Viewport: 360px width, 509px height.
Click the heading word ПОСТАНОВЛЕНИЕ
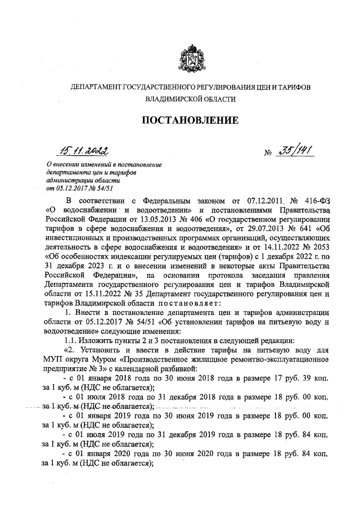[x=190, y=120]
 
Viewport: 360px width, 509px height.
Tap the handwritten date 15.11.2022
[x=86, y=150]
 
